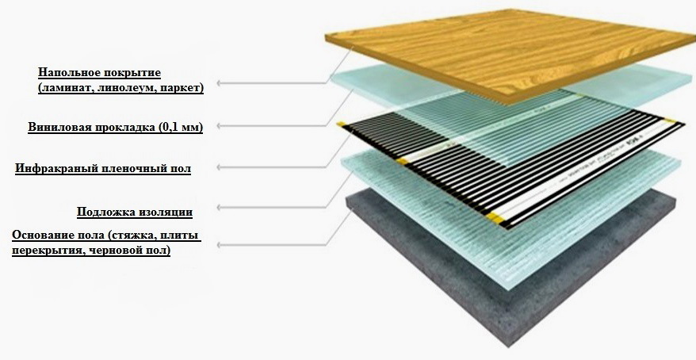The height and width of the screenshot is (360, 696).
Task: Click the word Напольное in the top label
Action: tap(67, 73)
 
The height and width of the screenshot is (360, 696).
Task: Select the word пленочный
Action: tap(133, 168)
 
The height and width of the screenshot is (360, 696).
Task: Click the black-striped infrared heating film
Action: tap(468, 163)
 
